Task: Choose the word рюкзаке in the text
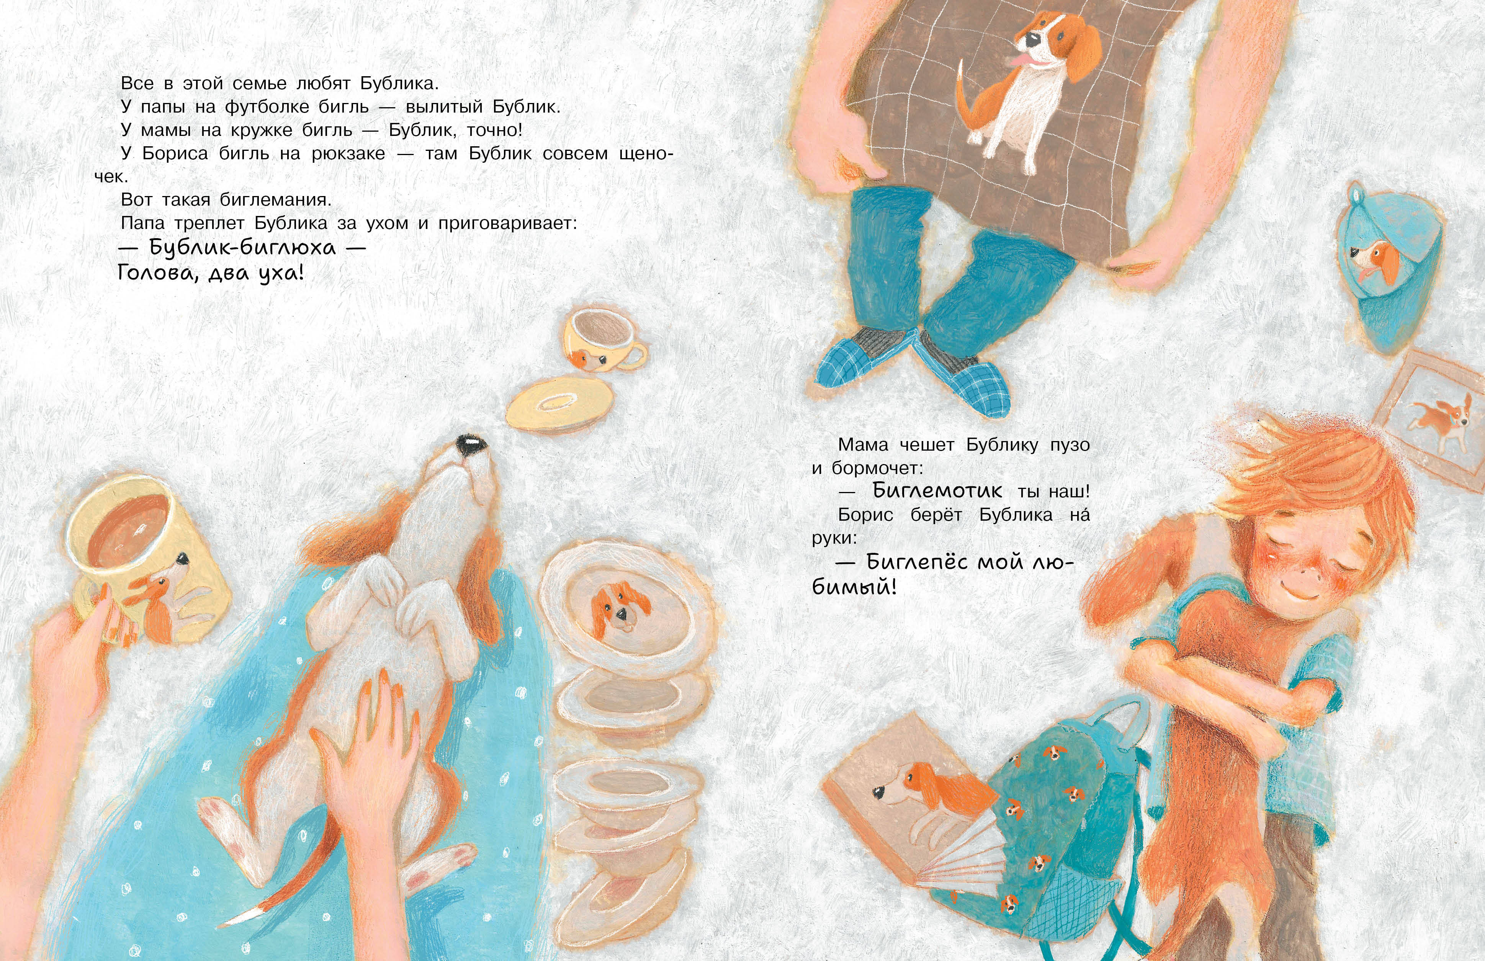pos(348,154)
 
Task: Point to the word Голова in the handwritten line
pos(160,273)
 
